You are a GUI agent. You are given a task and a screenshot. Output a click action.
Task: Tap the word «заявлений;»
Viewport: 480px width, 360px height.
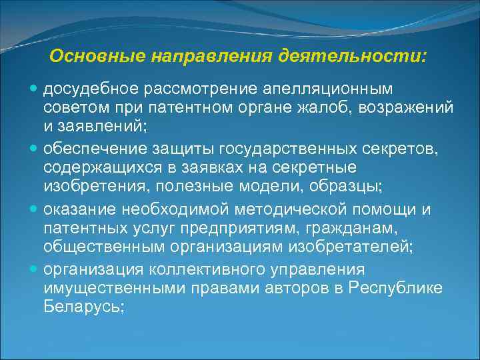click(x=113, y=125)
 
